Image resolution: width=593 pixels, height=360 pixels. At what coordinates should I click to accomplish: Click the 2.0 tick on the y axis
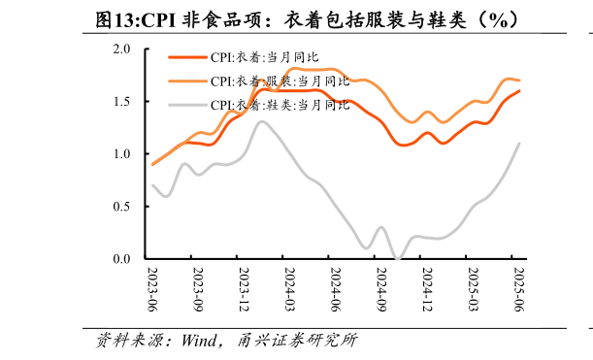pos(122,49)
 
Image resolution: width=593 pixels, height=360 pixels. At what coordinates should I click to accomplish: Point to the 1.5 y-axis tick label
pos(122,102)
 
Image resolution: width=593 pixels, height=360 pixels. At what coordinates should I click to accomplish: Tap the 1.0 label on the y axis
pos(122,154)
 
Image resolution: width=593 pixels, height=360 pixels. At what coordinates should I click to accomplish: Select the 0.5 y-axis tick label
pos(122,207)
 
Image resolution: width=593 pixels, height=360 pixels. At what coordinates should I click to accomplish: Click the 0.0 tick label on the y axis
pos(122,259)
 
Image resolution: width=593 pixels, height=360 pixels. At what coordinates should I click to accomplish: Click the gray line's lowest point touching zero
pos(398,258)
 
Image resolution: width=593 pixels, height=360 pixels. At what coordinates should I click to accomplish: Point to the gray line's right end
pos(519,144)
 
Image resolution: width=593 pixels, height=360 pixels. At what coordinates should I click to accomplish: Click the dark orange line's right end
pos(519,91)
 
